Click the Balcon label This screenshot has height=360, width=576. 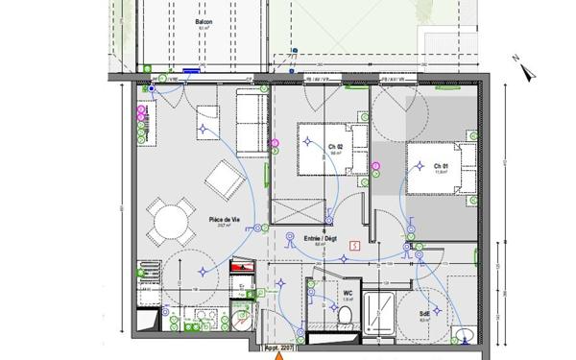coord(203,22)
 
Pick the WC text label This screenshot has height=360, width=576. coord(348,293)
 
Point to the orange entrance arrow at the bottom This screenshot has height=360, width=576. coord(279,354)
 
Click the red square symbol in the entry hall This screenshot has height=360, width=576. coord(356,245)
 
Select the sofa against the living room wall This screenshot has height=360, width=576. coord(252,123)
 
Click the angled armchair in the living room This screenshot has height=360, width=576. coord(228,179)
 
